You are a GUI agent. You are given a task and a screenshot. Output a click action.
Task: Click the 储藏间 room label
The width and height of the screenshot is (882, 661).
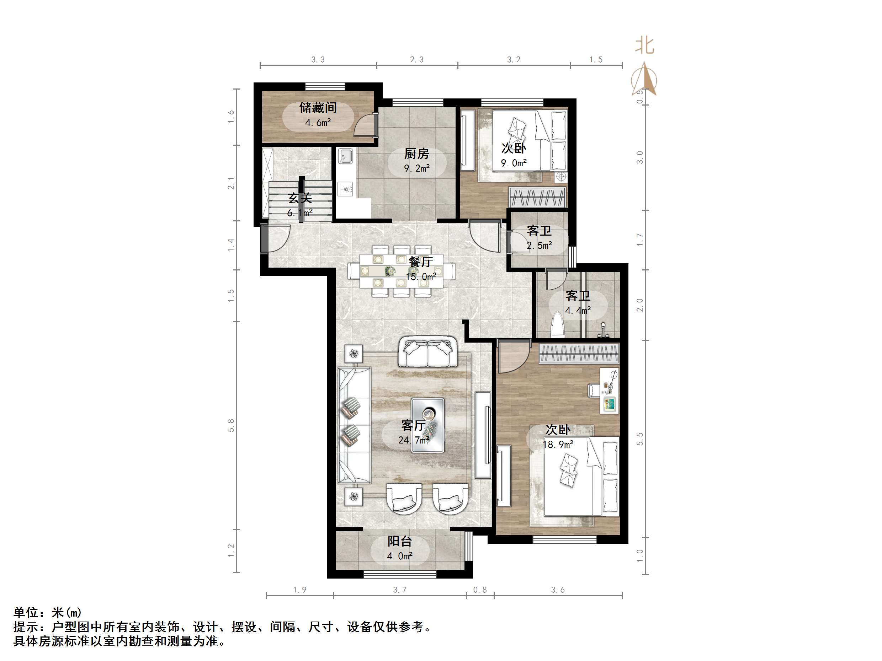pyautogui.click(x=318, y=108)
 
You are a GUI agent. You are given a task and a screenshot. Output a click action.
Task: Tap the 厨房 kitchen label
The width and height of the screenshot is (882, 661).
pyautogui.click(x=417, y=154)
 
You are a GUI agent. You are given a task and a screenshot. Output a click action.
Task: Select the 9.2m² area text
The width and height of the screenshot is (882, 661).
pyautogui.click(x=417, y=168)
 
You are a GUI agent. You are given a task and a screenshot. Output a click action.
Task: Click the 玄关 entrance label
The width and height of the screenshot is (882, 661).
pyautogui.click(x=300, y=198)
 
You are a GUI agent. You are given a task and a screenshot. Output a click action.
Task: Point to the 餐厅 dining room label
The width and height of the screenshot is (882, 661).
pyautogui.click(x=421, y=262)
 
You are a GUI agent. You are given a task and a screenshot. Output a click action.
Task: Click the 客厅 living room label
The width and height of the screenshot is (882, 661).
pyautogui.click(x=413, y=425)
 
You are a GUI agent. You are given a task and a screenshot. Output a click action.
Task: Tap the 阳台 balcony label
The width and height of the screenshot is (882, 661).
pyautogui.click(x=399, y=541)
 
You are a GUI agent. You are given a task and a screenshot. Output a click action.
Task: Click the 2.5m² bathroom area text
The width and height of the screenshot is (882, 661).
pyautogui.click(x=539, y=246)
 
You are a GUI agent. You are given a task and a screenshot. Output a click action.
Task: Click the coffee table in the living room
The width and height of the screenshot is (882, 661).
pyautogui.click(x=428, y=425)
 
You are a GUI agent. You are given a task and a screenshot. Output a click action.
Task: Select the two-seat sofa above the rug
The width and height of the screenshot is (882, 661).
pyautogui.click(x=428, y=352)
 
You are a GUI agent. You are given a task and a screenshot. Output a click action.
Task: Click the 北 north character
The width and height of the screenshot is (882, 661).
pyautogui.click(x=645, y=46)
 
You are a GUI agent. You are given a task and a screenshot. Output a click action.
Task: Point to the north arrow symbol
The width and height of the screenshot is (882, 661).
pyautogui.click(x=645, y=80)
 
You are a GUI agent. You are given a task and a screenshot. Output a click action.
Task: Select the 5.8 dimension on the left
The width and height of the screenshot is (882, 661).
pyautogui.click(x=231, y=425)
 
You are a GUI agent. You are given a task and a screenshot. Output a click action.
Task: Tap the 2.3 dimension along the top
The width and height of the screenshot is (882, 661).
pyautogui.click(x=417, y=60)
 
